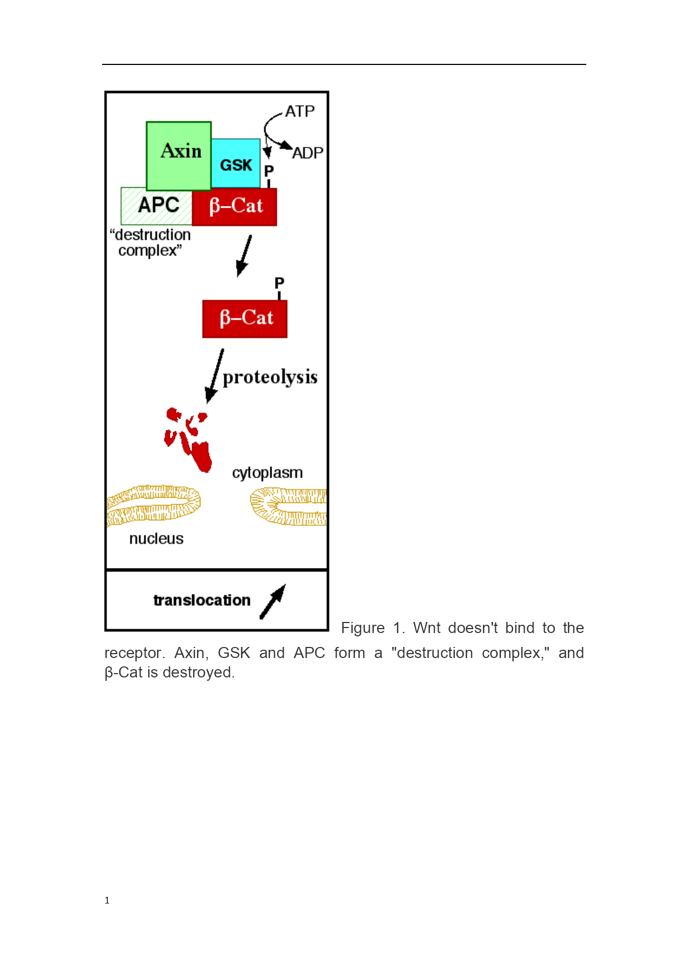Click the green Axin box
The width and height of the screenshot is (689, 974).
click(x=179, y=156)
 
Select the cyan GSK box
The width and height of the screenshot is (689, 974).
click(x=236, y=164)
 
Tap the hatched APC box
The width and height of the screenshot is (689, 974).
click(x=157, y=206)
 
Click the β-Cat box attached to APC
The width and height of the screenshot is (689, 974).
click(x=234, y=207)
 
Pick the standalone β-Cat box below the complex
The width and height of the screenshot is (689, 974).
click(x=245, y=319)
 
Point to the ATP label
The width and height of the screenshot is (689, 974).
click(x=300, y=111)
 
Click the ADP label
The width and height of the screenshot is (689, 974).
click(x=308, y=153)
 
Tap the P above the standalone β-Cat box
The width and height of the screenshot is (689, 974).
click(x=279, y=283)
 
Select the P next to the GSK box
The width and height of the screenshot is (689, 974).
click(x=269, y=170)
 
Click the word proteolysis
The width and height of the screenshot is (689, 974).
click(x=270, y=377)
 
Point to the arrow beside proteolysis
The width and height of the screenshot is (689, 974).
click(x=214, y=376)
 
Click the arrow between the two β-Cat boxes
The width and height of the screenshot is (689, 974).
click(x=244, y=256)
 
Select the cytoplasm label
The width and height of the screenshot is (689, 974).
click(x=268, y=473)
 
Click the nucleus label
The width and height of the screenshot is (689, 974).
click(x=156, y=539)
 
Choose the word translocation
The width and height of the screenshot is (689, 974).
click(x=202, y=600)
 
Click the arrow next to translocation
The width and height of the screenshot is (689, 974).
click(x=273, y=601)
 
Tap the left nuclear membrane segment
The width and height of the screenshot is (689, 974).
click(x=153, y=505)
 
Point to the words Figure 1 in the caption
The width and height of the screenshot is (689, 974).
click(x=373, y=628)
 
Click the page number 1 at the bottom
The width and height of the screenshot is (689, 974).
click(x=107, y=900)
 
